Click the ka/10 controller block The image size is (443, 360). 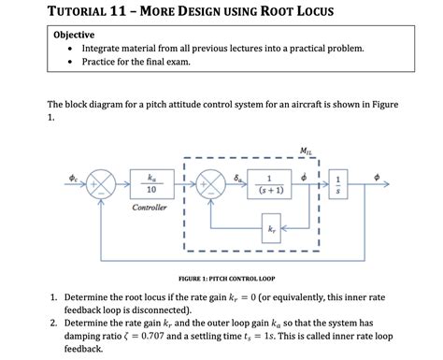point(151,184)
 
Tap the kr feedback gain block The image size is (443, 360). point(271,227)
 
